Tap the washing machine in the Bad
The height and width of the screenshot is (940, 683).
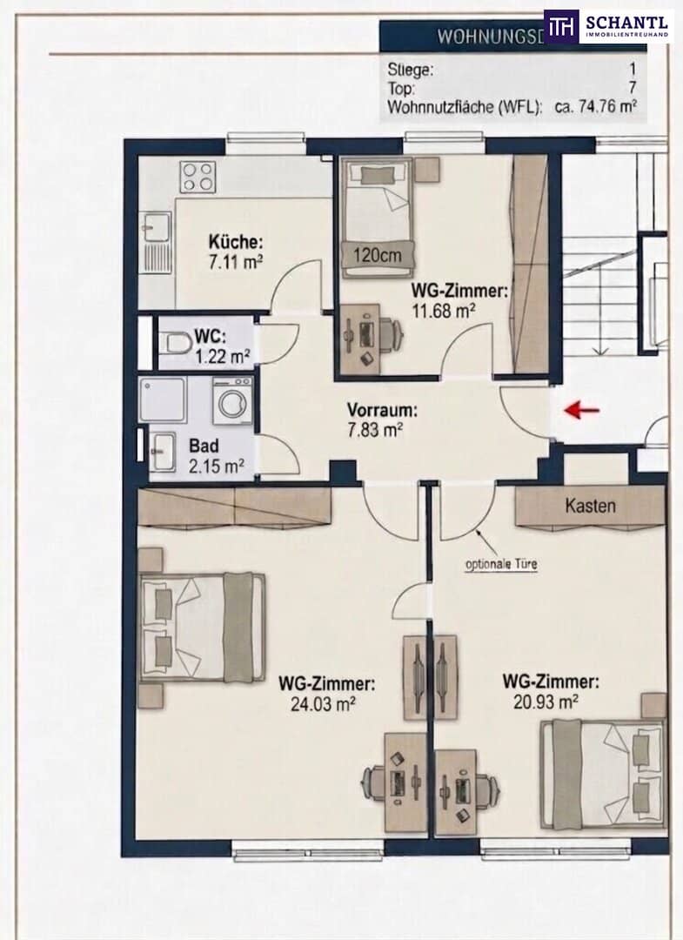(232, 400)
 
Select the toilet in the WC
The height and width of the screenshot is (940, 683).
(175, 344)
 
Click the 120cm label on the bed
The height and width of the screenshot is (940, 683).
(377, 256)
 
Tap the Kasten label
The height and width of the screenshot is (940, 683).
(590, 506)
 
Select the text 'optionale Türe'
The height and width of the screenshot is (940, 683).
(501, 564)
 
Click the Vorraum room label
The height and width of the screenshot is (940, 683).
(382, 411)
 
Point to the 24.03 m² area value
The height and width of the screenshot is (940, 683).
(324, 703)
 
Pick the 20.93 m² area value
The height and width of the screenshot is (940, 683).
(546, 701)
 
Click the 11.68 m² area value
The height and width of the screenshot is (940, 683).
(444, 311)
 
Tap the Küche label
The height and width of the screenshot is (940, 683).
(236, 242)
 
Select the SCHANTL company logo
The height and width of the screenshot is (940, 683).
(606, 26)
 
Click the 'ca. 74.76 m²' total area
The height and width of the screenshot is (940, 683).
(595, 108)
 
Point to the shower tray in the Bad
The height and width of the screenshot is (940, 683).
(163, 399)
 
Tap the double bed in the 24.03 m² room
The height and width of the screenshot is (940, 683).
(202, 627)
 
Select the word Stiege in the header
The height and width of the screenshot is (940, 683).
(411, 70)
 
